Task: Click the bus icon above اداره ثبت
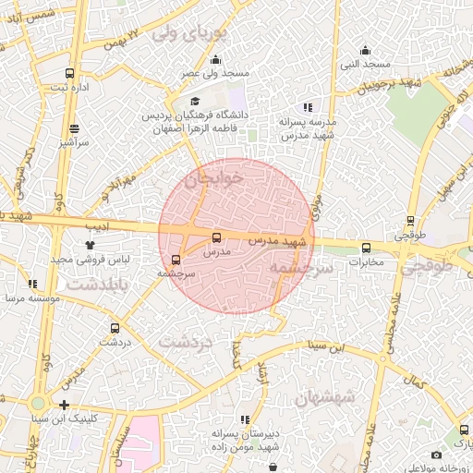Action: point(70,73)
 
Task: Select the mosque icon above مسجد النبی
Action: point(365,50)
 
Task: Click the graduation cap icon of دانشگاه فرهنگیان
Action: point(194,102)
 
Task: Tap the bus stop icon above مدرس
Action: point(217,237)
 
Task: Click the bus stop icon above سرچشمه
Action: point(176,259)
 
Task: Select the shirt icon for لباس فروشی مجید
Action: point(91,245)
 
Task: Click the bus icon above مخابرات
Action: point(366,248)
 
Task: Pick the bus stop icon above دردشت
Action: point(115,327)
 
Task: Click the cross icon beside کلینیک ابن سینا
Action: point(64,405)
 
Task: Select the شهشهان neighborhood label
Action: point(324,397)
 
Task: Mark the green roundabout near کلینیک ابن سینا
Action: point(38,404)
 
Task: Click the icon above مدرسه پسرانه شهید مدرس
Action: point(307,107)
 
